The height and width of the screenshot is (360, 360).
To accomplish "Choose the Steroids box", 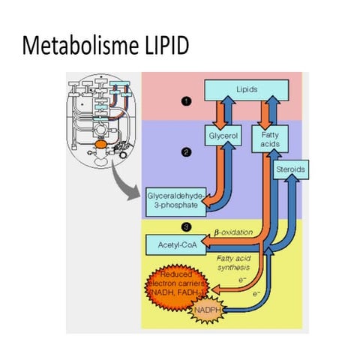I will coord(289,170).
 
